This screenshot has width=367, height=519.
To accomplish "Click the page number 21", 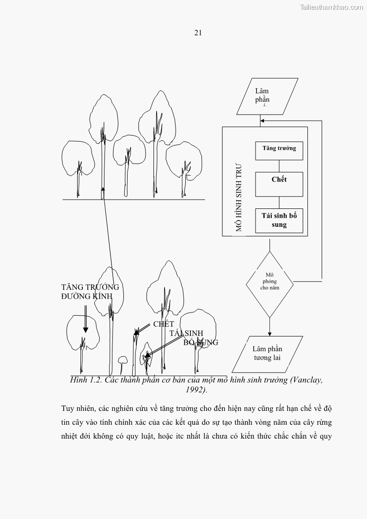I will [198, 33].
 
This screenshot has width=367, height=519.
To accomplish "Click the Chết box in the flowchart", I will [279, 184].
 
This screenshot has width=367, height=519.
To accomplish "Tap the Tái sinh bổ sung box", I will [279, 220].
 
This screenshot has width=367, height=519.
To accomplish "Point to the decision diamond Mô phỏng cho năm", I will [269, 281].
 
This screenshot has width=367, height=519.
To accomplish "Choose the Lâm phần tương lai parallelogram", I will [267, 354].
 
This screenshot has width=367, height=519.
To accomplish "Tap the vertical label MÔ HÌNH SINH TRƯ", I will [239, 197].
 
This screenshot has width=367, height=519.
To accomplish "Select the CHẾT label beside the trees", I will [164, 324].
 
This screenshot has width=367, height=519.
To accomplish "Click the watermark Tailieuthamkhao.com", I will [331, 7].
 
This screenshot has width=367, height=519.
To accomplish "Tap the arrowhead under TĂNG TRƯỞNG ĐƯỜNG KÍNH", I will [86, 329].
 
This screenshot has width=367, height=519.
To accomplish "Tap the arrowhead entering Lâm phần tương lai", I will [269, 333].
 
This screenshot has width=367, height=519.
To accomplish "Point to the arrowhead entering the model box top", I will [262, 121].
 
